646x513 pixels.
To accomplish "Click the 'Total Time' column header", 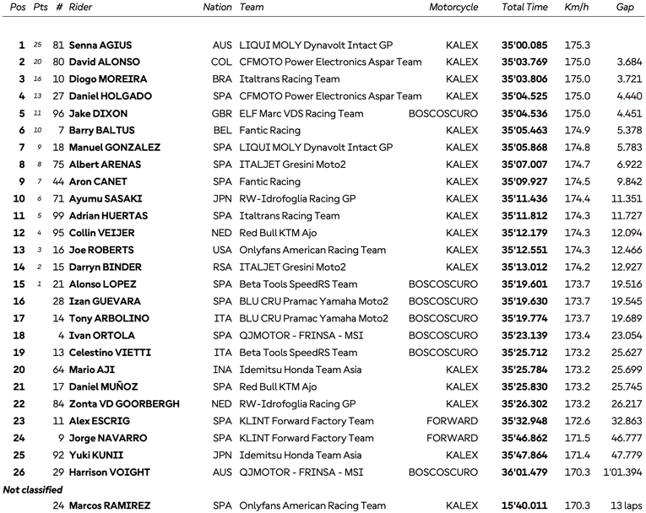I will pyautogui.click(x=524, y=8).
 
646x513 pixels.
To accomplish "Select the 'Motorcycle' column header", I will pyautogui.click(x=453, y=8).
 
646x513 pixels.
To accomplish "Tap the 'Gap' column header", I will pyautogui.click(x=625, y=8).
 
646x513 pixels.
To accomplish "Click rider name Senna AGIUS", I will pyautogui.click(x=100, y=46).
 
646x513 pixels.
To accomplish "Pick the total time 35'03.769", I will pyautogui.click(x=524, y=62).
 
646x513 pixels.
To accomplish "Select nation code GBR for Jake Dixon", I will pyautogui.click(x=220, y=114).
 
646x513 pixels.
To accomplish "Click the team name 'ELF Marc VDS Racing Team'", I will pyautogui.click(x=301, y=114).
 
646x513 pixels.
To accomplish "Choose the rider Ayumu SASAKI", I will pyautogui.click(x=104, y=199).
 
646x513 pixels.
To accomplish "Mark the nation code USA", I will pyautogui.click(x=221, y=251).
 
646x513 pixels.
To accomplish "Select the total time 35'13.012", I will pyautogui.click(x=524, y=267).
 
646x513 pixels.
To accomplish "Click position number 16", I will pyautogui.click(x=19, y=301).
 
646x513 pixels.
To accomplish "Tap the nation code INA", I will pyautogui.click(x=222, y=370).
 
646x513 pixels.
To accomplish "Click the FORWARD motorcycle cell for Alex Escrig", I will pyautogui.click(x=452, y=421).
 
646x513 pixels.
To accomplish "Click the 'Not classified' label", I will pyautogui.click(x=33, y=489).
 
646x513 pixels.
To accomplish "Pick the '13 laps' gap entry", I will pyautogui.click(x=626, y=506).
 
